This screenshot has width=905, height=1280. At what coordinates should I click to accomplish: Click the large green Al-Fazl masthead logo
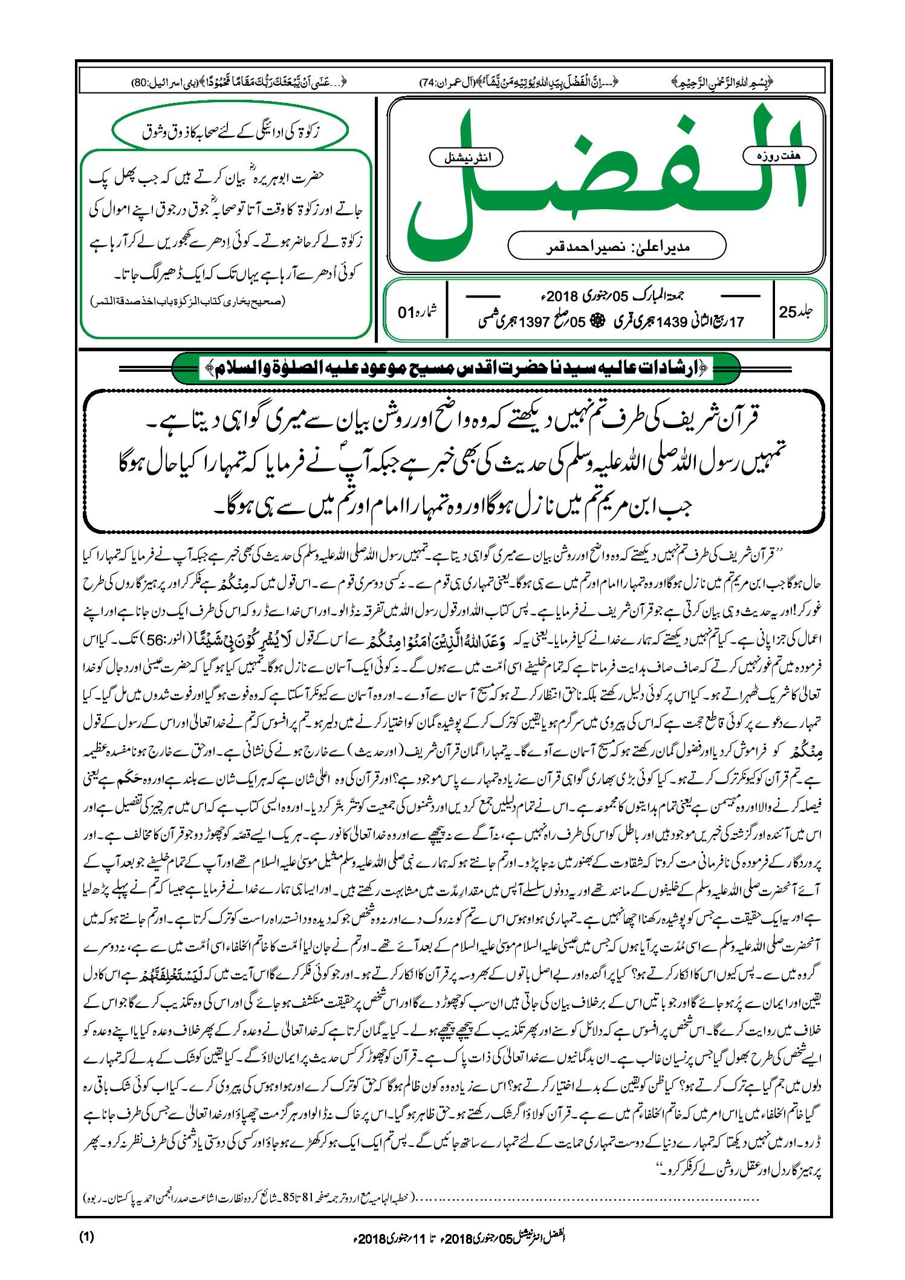(605, 181)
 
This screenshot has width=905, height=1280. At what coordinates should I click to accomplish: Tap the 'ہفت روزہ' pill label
(779, 156)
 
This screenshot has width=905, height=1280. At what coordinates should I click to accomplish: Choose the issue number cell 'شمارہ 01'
(417, 312)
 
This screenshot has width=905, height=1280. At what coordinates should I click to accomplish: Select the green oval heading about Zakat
(230, 130)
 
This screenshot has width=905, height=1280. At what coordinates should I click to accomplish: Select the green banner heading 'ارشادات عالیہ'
(456, 368)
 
